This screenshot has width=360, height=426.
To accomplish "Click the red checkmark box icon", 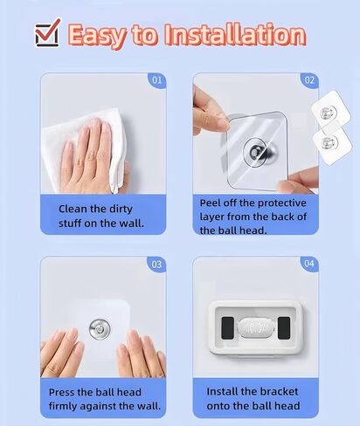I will click(x=46, y=34).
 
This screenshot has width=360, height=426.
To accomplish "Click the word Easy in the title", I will click(x=99, y=36).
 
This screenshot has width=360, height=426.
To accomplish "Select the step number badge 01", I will click(x=157, y=80).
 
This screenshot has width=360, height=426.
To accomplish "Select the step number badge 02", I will click(x=310, y=80).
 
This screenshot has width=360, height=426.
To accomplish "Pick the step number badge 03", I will click(x=157, y=264).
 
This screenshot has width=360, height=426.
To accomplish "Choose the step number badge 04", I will click(x=310, y=264).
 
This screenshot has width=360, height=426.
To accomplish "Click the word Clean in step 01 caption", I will click(x=73, y=209).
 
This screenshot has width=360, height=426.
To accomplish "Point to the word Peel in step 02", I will click(x=212, y=202).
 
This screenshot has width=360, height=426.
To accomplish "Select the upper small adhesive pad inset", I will click(x=329, y=113).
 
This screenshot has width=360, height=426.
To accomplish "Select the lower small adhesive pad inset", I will click(x=330, y=143).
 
